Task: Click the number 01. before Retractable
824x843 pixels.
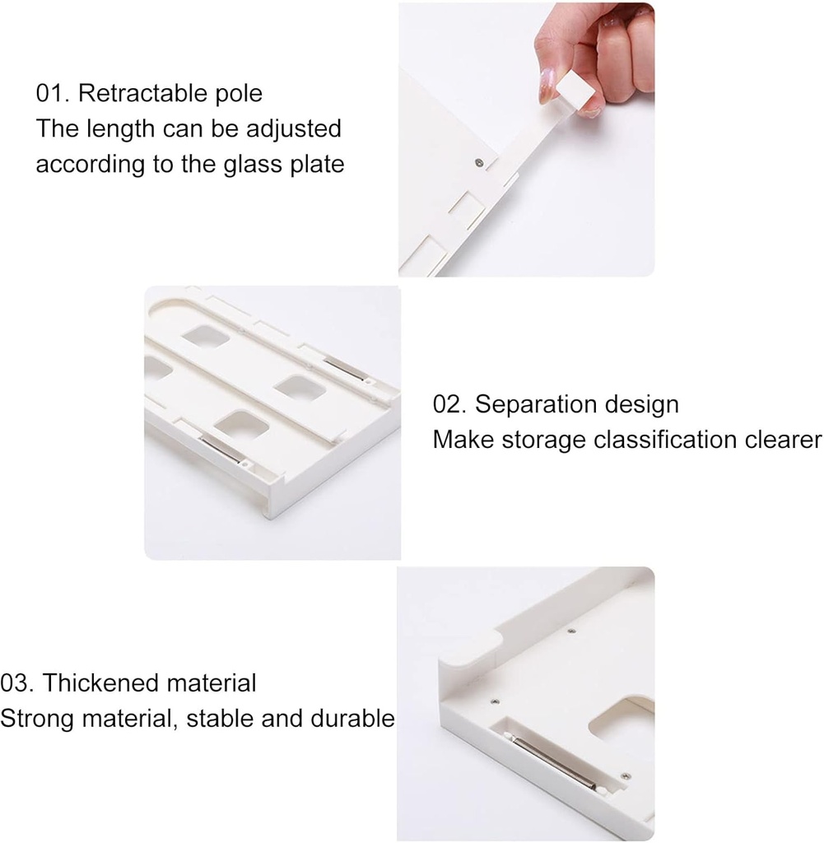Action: [53, 94]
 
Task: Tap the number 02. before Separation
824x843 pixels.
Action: [450, 405]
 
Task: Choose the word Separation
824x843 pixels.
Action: [537, 405]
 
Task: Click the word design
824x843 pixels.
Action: [642, 405]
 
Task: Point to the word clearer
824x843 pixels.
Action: [778, 440]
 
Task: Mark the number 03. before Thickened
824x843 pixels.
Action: [17, 683]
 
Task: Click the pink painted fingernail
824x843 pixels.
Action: [546, 86]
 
